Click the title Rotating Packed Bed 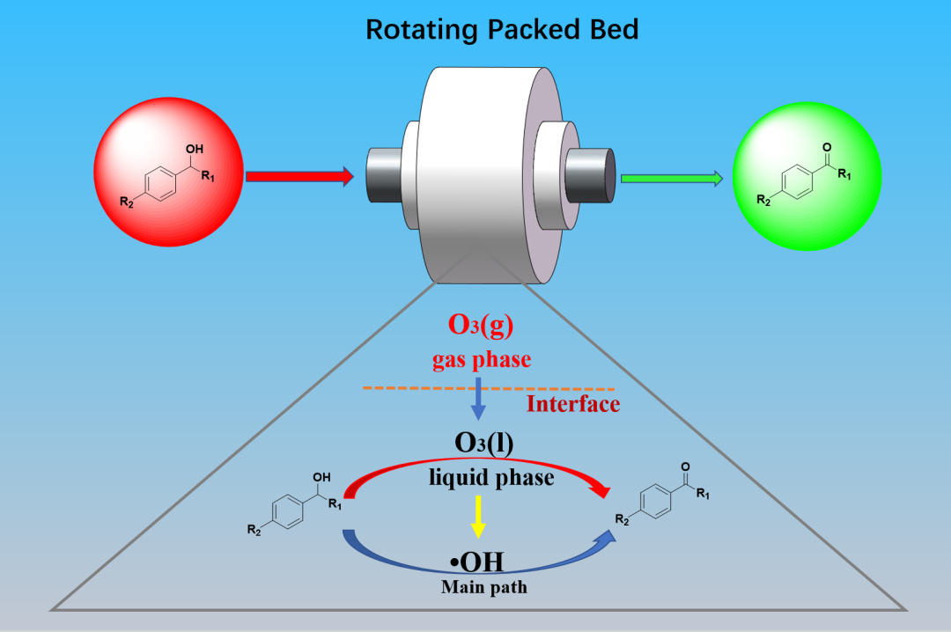(x=502, y=29)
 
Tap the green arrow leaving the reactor (x=671, y=179)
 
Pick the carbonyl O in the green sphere (x=825, y=147)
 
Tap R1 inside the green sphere (x=844, y=177)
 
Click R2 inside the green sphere (x=764, y=202)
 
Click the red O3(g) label (x=480, y=325)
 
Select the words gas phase (x=480, y=359)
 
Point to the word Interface (x=572, y=404)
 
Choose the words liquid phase (x=491, y=477)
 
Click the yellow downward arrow (x=478, y=516)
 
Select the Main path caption (x=483, y=586)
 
